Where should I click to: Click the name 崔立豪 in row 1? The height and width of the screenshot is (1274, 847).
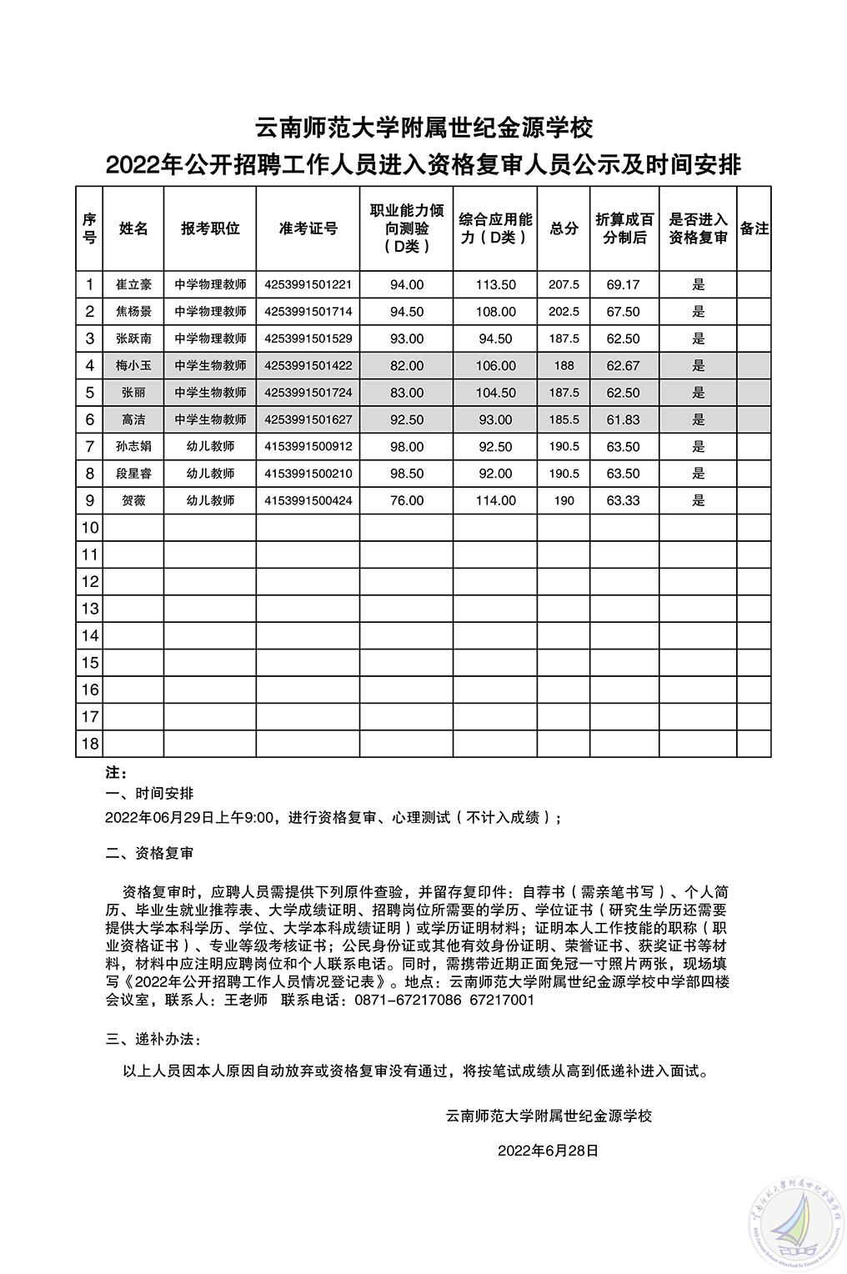tap(133, 284)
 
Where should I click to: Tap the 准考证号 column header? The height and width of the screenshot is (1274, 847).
tap(308, 228)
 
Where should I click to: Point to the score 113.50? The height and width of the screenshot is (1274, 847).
tap(495, 284)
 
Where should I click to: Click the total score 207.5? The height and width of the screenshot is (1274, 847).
tap(564, 284)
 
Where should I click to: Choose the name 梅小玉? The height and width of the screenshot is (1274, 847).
tap(133, 365)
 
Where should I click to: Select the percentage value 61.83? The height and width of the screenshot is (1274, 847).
tap(623, 419)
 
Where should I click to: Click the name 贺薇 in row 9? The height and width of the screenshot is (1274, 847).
tap(133, 500)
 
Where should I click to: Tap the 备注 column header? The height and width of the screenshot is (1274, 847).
tap(754, 228)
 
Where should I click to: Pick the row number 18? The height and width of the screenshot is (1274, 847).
tap(89, 744)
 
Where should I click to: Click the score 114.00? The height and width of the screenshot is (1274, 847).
tap(495, 500)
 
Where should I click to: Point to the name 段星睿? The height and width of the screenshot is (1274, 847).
tap(133, 474)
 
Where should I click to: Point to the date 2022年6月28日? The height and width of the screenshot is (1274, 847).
tap(549, 1151)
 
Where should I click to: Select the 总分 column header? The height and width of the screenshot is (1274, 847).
tap(564, 228)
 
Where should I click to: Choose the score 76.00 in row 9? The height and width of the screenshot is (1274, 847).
tap(407, 500)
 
